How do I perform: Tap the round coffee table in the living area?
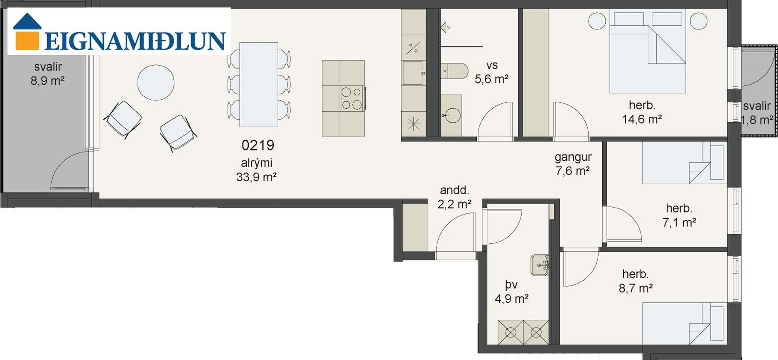pyautogui.click(x=156, y=82)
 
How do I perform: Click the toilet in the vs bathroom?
pyautogui.click(x=454, y=71)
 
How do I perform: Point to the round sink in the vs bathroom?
pyautogui.click(x=451, y=115)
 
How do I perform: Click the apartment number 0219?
pyautogui.click(x=258, y=145)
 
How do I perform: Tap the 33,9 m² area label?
pyautogui.click(x=256, y=177)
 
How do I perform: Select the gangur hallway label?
pyautogui.click(x=573, y=157)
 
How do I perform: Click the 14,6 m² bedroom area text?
pyautogui.click(x=642, y=120)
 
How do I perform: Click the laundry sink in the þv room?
pyautogui.click(x=540, y=265)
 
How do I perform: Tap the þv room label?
pyautogui.click(x=511, y=285)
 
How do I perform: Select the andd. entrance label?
pyautogui.click(x=454, y=190)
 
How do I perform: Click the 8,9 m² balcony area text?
pyautogui.click(x=47, y=81)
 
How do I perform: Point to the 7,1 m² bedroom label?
pyautogui.click(x=679, y=223)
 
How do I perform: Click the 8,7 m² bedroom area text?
pyautogui.click(x=636, y=288)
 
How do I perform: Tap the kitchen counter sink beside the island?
pyautogui.click(x=413, y=73)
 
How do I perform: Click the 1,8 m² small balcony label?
pyautogui.click(x=757, y=120)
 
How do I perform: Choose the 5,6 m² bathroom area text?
pyautogui.click(x=492, y=79)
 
